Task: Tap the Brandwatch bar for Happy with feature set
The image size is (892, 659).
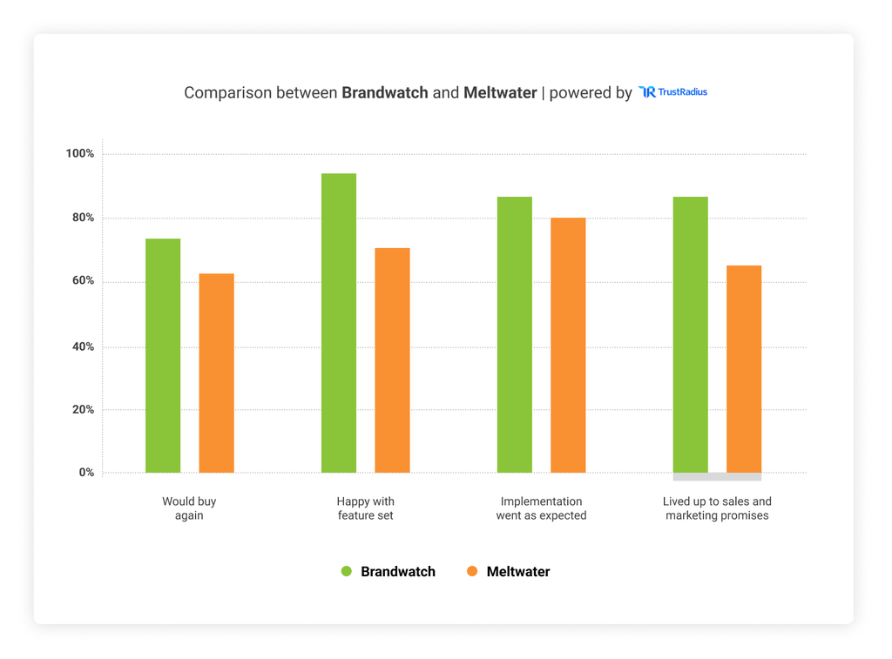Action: pyautogui.click(x=339, y=323)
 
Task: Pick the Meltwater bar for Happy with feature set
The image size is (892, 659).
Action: pyautogui.click(x=392, y=360)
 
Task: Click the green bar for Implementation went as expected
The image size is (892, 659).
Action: pyautogui.click(x=515, y=334)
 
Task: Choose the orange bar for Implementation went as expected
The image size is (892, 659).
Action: pyautogui.click(x=568, y=345)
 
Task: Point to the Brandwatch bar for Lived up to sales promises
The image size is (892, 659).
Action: pyautogui.click(x=691, y=334)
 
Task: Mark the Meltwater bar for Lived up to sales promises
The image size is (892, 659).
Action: pyautogui.click(x=744, y=369)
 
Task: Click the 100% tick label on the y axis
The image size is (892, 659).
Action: pyautogui.click(x=79, y=154)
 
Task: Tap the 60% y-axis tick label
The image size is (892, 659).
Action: pyautogui.click(x=82, y=282)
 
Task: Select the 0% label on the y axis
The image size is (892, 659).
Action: pyautogui.click(x=86, y=473)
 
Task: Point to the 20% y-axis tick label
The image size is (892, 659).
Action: pyautogui.click(x=82, y=409)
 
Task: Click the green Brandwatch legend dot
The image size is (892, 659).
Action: pyautogui.click(x=346, y=572)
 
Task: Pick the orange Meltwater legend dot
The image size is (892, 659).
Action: pyautogui.click(x=473, y=572)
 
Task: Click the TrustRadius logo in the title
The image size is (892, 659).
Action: pyautogui.click(x=672, y=92)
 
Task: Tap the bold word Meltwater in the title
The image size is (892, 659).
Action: pyautogui.click(x=500, y=92)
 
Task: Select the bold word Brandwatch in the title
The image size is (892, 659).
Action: pyautogui.click(x=384, y=92)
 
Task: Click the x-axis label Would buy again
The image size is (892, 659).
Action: pyautogui.click(x=189, y=508)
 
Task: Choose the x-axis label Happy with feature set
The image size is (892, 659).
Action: pyautogui.click(x=365, y=508)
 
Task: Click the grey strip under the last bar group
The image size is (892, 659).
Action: pyautogui.click(x=717, y=477)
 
